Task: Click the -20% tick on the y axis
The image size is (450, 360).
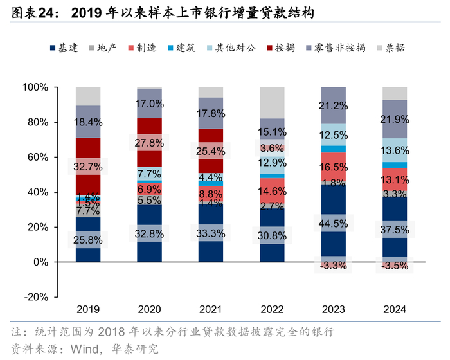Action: [x=36, y=297]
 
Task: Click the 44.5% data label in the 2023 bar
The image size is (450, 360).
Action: [x=333, y=224]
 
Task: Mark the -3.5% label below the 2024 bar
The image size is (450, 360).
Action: [x=395, y=265]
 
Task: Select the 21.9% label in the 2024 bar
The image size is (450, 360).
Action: [x=395, y=120]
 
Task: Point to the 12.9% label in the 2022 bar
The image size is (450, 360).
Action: [x=272, y=162]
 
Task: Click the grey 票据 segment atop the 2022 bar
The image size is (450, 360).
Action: [x=272, y=102]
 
